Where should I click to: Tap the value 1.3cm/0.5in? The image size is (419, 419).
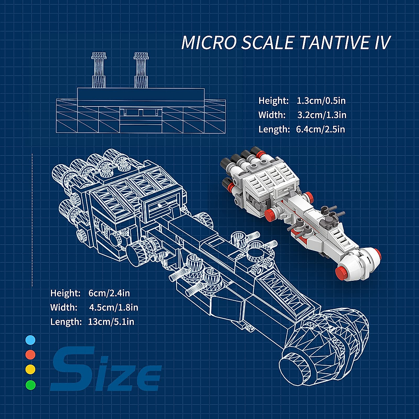tap(321, 101)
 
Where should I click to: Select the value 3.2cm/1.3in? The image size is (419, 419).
tap(322, 115)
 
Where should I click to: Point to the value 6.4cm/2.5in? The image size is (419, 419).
tap(320, 130)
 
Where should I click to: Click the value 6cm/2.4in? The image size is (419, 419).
tap(109, 293)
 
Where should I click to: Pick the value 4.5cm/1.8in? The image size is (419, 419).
tap(113, 308)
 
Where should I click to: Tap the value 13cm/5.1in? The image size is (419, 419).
tap(111, 322)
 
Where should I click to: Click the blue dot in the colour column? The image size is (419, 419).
tap(30, 340)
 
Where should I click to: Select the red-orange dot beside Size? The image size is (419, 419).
tap(30, 354)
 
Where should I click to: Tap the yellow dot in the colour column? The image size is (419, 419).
tap(30, 369)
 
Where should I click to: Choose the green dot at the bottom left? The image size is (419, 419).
tap(30, 385)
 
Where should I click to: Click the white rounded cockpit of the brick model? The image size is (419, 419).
tap(363, 260)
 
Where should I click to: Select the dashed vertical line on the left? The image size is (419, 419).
tap(32, 220)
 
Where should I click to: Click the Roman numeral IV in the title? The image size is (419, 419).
tap(381, 43)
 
